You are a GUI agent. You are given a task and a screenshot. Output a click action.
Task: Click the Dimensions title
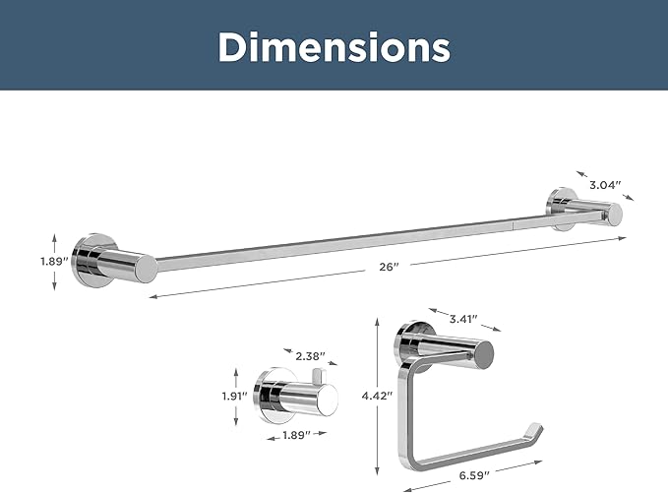pyautogui.click(x=334, y=47)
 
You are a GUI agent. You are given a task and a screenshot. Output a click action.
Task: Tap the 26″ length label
pyautogui.click(x=389, y=267)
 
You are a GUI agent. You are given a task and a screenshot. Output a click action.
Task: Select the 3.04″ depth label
pyautogui.click(x=605, y=185)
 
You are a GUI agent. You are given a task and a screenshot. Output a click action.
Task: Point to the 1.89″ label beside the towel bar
pyautogui.click(x=54, y=261)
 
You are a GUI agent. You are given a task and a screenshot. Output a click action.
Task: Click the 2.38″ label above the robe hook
pyautogui.click(x=310, y=356)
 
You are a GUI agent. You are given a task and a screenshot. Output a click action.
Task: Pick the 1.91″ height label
pyautogui.click(x=235, y=397)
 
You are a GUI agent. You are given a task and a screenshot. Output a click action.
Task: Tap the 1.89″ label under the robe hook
pyautogui.click(x=297, y=435)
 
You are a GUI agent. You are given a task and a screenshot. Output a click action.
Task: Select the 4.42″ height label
pyautogui.click(x=377, y=396)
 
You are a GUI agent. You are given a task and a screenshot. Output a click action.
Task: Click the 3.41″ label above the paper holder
pyautogui.click(x=463, y=319)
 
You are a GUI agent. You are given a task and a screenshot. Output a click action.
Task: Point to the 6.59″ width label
pyautogui.click(x=474, y=475)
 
